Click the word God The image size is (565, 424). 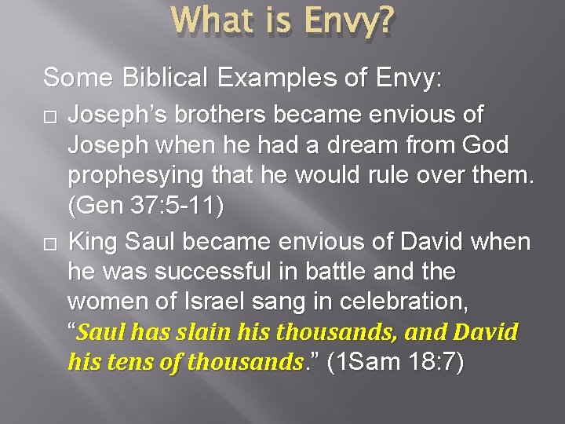point(487,145)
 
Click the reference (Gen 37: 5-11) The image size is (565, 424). point(146,207)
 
